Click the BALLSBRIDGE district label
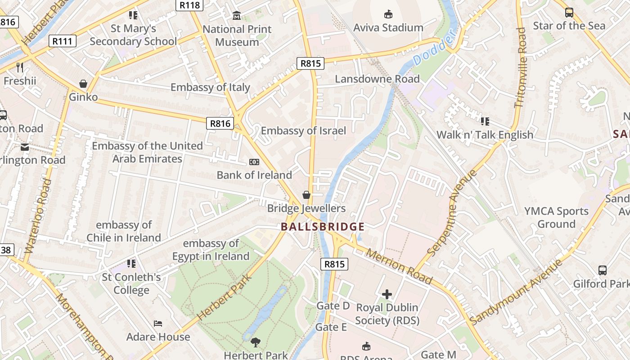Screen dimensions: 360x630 pos(323,226)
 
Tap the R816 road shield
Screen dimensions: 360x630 pos(220,123)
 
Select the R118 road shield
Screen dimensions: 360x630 pos(189,5)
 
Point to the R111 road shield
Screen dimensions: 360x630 pos(62,41)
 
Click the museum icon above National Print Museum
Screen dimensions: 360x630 pos(237,16)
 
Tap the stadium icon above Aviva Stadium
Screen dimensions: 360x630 pos(388,14)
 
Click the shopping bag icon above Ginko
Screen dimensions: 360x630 pos(83,84)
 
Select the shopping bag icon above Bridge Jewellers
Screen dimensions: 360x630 pos(306,195)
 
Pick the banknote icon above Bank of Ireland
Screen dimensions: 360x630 pos(254,162)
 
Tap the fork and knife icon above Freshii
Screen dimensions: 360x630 pos(20,67)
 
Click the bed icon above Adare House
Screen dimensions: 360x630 pos(158,324)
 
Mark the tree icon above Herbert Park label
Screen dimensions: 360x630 pos(256,342)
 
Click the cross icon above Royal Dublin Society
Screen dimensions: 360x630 pos(387,294)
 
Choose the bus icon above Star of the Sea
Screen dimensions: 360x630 pos(569,12)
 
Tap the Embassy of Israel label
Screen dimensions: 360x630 pos(303,131)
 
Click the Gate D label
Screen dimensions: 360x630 pos(333,306)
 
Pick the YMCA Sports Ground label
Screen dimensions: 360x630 pos(557,217)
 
